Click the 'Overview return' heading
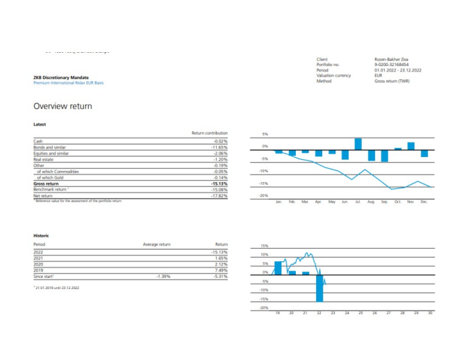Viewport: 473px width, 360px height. pos(63,106)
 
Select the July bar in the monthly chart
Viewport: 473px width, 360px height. pos(358,144)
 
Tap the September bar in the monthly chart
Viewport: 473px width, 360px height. pos(384,156)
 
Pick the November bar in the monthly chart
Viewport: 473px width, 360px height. pos(410,146)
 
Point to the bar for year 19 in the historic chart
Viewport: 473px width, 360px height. pos(278,268)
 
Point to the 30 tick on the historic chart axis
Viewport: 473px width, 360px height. pos(430,313)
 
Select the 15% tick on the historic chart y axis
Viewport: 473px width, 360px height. pos(264,246)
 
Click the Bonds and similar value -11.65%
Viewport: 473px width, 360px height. pos(219,147)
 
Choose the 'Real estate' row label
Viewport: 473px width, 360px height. pos(43,159)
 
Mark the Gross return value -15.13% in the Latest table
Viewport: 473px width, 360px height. pos(219,183)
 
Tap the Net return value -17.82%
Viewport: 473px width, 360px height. pos(219,196)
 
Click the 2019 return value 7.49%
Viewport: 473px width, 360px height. pos(220,270)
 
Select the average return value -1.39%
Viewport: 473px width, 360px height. pos(163,277)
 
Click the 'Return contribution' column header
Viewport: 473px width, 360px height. pos(209,133)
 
